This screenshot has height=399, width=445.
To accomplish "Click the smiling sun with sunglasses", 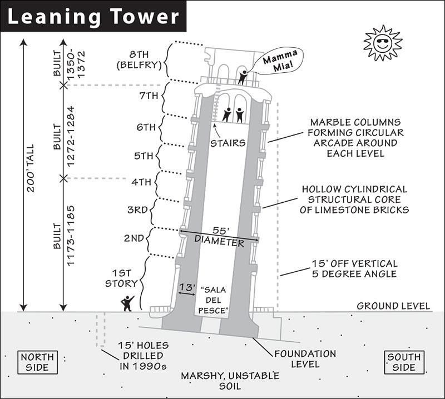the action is pos(383,43).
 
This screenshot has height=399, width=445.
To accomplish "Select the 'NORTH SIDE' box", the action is pos(37,362).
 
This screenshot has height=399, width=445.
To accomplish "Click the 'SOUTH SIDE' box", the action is pos(404,362).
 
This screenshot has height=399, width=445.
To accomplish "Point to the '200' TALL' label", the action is pos(31,168).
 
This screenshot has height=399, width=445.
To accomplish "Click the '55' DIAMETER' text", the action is pos(219,236).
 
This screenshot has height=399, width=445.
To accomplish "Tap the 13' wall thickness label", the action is pos(187,287).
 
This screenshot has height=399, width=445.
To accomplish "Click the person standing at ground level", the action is pos(127,303).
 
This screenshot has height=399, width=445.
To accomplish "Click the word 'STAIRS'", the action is pos(228,143).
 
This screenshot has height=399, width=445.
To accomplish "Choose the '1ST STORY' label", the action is pos(121,278).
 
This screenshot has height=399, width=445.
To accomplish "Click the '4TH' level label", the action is pos(141,182).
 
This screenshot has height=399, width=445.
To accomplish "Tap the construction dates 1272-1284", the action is pos(71,136).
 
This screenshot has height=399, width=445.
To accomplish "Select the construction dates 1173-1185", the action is pos(71,236).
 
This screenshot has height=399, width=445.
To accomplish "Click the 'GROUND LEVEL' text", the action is pos(393,306).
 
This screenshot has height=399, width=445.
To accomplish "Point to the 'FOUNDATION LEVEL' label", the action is pos(305,359).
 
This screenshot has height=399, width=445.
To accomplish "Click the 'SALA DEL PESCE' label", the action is pos(214,300).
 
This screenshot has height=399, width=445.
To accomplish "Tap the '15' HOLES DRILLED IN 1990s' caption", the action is pos(144,356).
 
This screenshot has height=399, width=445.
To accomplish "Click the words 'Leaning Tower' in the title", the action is pos(93,17).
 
